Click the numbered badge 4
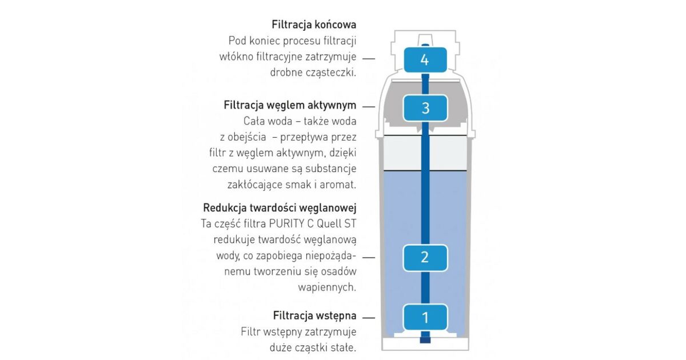(x=424, y=59)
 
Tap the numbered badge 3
(x=425, y=108)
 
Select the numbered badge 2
(x=424, y=257)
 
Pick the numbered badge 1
(x=424, y=317)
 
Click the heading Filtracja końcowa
(x=314, y=25)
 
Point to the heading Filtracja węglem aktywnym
(x=290, y=106)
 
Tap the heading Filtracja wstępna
(x=314, y=315)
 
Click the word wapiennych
(x=328, y=287)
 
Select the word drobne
(x=287, y=73)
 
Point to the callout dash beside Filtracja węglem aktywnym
(x=369, y=107)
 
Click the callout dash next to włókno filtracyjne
(x=369, y=58)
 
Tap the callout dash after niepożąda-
(x=369, y=257)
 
